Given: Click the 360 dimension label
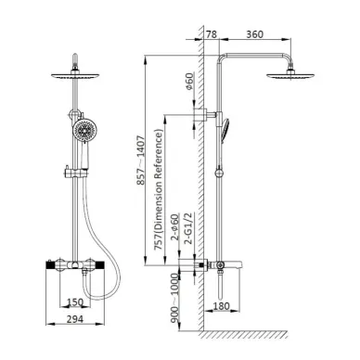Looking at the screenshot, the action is (254, 34).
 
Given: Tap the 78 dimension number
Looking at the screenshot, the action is (212, 34).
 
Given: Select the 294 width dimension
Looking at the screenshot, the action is (75, 318).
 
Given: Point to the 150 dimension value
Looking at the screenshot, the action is (75, 302).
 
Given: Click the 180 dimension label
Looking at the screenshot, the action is (222, 306).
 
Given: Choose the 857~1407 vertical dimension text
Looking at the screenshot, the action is (141, 160).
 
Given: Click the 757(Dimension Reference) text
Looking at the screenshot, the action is (159, 189).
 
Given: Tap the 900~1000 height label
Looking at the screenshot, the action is (175, 298).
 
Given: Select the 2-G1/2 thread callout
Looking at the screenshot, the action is (188, 228).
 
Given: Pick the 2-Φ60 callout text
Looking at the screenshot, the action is (175, 226).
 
